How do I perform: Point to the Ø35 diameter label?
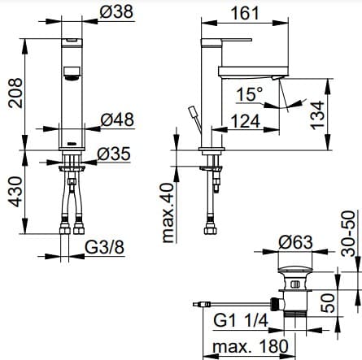(x=115, y=154)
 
